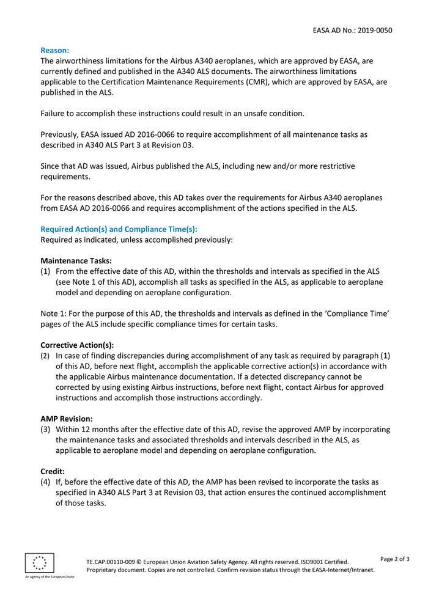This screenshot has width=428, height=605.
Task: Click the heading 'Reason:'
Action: point(54,50)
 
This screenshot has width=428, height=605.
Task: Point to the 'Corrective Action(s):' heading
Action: point(77,345)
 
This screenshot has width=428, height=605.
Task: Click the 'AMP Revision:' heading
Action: point(66,419)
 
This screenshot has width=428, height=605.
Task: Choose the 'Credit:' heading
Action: point(52,471)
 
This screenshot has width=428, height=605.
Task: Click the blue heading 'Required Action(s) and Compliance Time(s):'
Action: point(119,229)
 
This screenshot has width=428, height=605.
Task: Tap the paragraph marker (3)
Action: point(45,430)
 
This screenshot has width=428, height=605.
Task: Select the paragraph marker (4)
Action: point(45,482)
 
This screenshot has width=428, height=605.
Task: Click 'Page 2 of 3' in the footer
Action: point(394,559)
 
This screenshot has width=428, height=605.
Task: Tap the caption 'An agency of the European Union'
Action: point(49,576)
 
